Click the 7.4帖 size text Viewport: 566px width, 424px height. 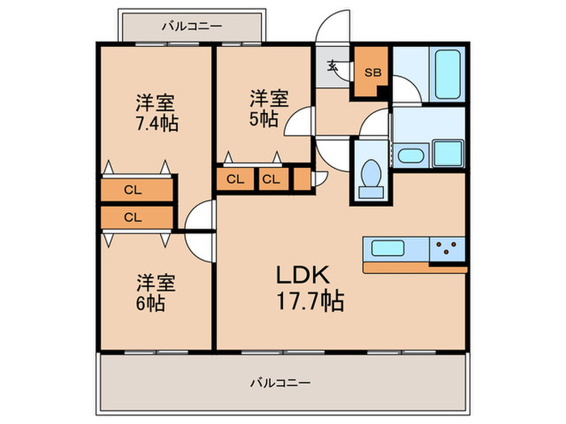click(x=157, y=124)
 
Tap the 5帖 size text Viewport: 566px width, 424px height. click(x=264, y=119)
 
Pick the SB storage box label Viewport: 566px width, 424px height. click(x=371, y=73)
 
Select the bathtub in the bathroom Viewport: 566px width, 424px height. click(x=446, y=73)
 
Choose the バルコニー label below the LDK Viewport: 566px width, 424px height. click(x=281, y=381)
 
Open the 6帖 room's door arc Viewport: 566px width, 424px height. click(x=199, y=243)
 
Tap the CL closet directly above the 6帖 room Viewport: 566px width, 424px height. click(x=133, y=216)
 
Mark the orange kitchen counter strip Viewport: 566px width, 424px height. click(x=415, y=267)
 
